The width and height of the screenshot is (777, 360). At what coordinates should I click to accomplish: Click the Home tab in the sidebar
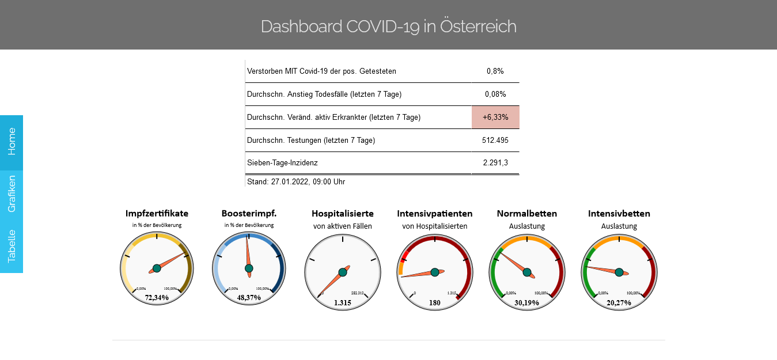tap(12, 142)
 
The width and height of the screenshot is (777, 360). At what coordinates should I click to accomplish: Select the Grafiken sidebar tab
tap(12, 194)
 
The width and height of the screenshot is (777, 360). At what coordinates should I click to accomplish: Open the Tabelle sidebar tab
tap(12, 247)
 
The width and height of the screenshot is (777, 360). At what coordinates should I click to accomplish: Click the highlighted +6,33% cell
tap(495, 117)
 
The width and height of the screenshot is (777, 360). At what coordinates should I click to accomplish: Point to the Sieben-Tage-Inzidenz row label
tap(282, 163)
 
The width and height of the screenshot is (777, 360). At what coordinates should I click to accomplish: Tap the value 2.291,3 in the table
tap(495, 163)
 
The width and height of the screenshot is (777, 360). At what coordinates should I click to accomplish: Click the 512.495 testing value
tap(495, 140)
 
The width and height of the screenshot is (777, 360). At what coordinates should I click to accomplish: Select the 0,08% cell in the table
tap(495, 94)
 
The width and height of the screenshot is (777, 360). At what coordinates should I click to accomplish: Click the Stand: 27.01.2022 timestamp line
tap(296, 181)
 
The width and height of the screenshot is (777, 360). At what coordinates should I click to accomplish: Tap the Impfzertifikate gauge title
tap(157, 214)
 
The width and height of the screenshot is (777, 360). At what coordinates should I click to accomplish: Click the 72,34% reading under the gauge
tap(157, 298)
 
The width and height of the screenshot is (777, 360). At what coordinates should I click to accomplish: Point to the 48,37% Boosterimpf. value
tap(249, 298)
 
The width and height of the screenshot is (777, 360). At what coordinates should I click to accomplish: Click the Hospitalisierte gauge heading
tap(343, 214)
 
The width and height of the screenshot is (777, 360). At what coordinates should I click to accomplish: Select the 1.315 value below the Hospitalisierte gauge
tap(343, 302)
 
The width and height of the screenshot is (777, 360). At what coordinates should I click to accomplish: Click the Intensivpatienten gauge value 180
tap(435, 302)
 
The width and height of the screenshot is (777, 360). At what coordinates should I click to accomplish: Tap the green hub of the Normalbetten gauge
tap(527, 272)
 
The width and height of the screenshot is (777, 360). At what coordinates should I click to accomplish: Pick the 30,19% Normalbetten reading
tap(527, 302)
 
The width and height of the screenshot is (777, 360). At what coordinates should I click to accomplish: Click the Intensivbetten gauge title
tap(619, 214)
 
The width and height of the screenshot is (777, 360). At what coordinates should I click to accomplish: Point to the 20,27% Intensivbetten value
tap(619, 302)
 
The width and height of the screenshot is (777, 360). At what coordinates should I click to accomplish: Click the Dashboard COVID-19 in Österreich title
tap(388, 26)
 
